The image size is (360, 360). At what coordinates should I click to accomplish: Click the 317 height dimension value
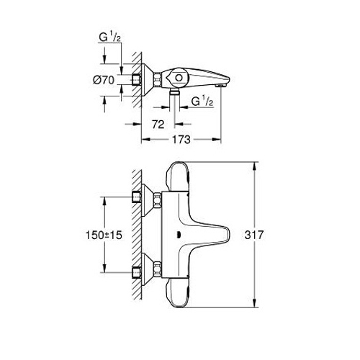tap(254, 235)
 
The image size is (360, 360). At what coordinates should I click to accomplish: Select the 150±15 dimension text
tap(104, 235)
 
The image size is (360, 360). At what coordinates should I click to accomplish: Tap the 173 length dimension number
tap(181, 140)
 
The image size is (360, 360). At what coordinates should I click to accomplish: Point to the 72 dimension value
tap(158, 125)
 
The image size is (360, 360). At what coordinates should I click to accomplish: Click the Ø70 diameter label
tap(104, 80)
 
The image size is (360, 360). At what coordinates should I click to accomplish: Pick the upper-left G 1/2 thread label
tap(109, 37)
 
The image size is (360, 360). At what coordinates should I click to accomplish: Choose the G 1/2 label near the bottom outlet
tap(202, 102)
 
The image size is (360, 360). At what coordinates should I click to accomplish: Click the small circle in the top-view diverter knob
tap(179, 78)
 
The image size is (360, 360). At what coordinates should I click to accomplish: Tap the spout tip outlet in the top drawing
tap(221, 86)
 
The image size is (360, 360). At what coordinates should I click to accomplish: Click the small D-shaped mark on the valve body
tap(178, 235)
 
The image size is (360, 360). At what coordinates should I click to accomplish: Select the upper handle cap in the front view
tap(178, 177)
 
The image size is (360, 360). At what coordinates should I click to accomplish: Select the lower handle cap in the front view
tap(178, 293)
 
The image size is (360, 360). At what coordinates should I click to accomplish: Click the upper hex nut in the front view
tap(158, 199)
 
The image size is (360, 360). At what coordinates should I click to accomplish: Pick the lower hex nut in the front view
tap(158, 269)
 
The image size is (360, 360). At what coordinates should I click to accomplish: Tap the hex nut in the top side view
tap(158, 79)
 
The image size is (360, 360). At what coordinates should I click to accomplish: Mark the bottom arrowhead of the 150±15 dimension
tap(104, 268)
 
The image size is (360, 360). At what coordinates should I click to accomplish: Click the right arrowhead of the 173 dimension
tap(217, 139)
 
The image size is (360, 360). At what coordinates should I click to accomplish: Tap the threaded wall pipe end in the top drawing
tap(137, 79)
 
